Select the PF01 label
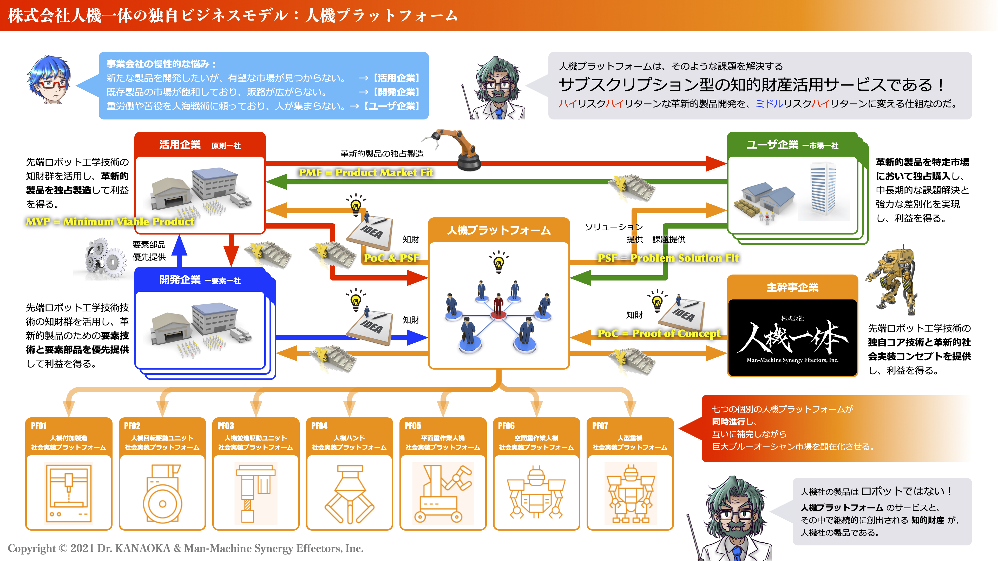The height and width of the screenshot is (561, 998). point(39,426)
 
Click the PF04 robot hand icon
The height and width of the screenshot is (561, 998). point(350,494)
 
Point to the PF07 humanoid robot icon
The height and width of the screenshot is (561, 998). point(630,494)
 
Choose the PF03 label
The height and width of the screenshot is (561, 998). point(226,426)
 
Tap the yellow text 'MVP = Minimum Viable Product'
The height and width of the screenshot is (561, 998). point(110,222)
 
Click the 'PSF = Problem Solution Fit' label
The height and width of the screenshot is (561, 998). point(668,258)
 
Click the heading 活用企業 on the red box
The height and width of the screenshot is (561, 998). point(180,145)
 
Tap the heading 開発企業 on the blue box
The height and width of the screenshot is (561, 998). point(180,280)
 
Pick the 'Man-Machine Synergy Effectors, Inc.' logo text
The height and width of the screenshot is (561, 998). point(792,360)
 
